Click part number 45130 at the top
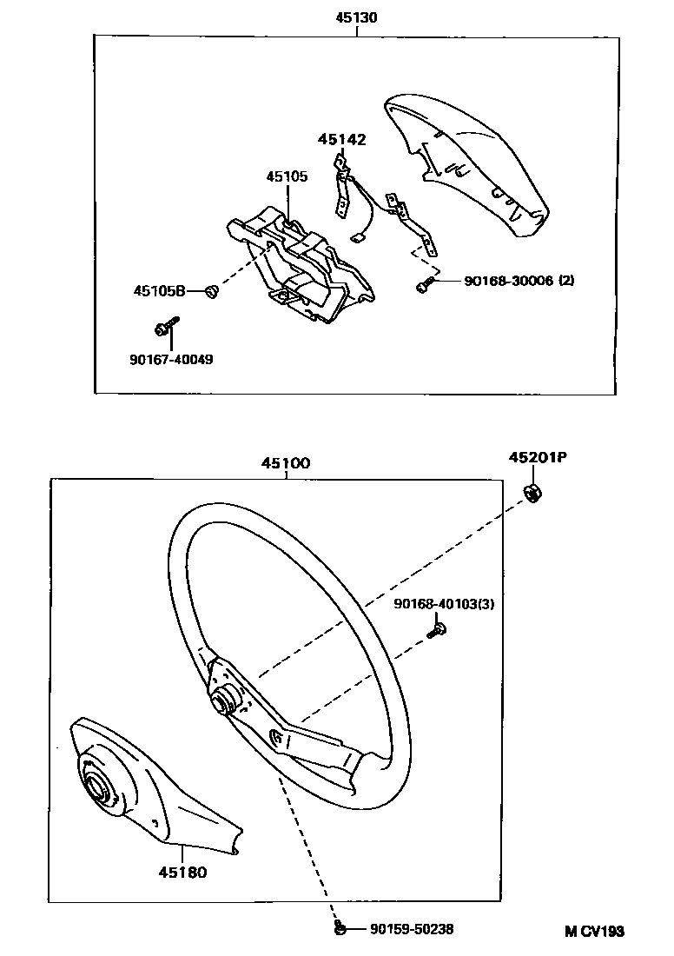[356, 17]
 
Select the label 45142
[341, 139]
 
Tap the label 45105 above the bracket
[287, 176]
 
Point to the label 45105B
[159, 291]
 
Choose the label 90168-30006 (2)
[519, 280]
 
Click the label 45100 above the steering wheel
[285, 464]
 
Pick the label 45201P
[538, 458]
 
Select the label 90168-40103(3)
[444, 603]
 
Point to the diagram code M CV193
[595, 931]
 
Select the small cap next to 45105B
[211, 292]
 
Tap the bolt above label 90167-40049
[162, 328]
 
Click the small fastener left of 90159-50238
[340, 930]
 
